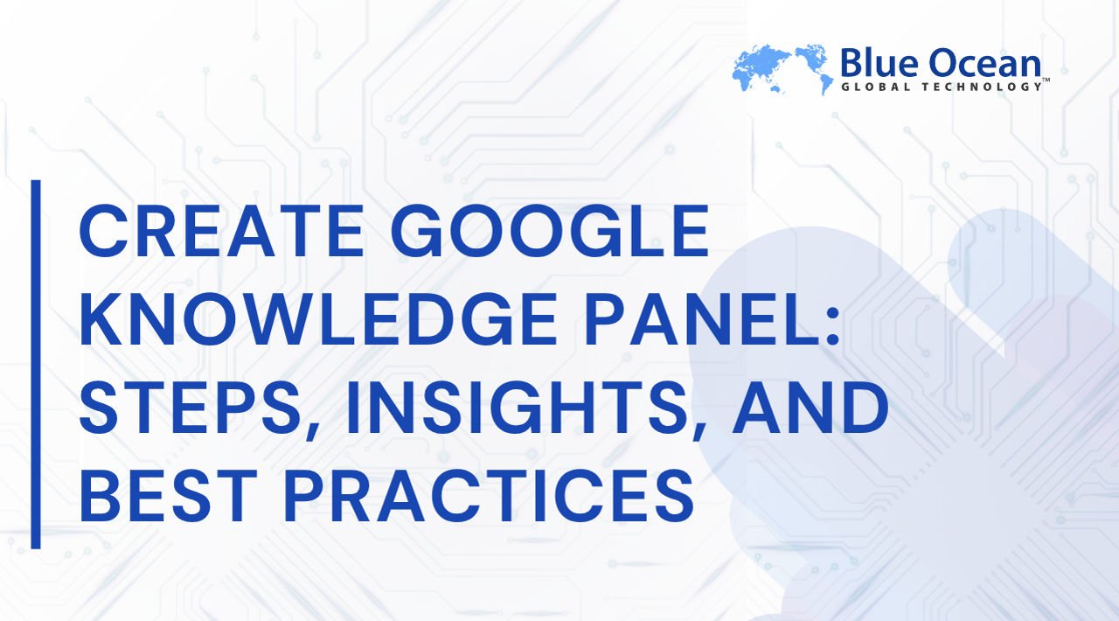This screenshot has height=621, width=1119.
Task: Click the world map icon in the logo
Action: (x=780, y=67)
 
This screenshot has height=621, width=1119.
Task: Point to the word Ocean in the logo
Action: (x=979, y=64)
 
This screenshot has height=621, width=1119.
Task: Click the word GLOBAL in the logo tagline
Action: (x=875, y=87)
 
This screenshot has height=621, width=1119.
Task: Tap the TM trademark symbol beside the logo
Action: (x=1046, y=80)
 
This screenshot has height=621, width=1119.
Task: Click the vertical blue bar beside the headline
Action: (x=36, y=364)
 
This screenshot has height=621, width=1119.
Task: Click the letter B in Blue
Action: (x=849, y=64)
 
